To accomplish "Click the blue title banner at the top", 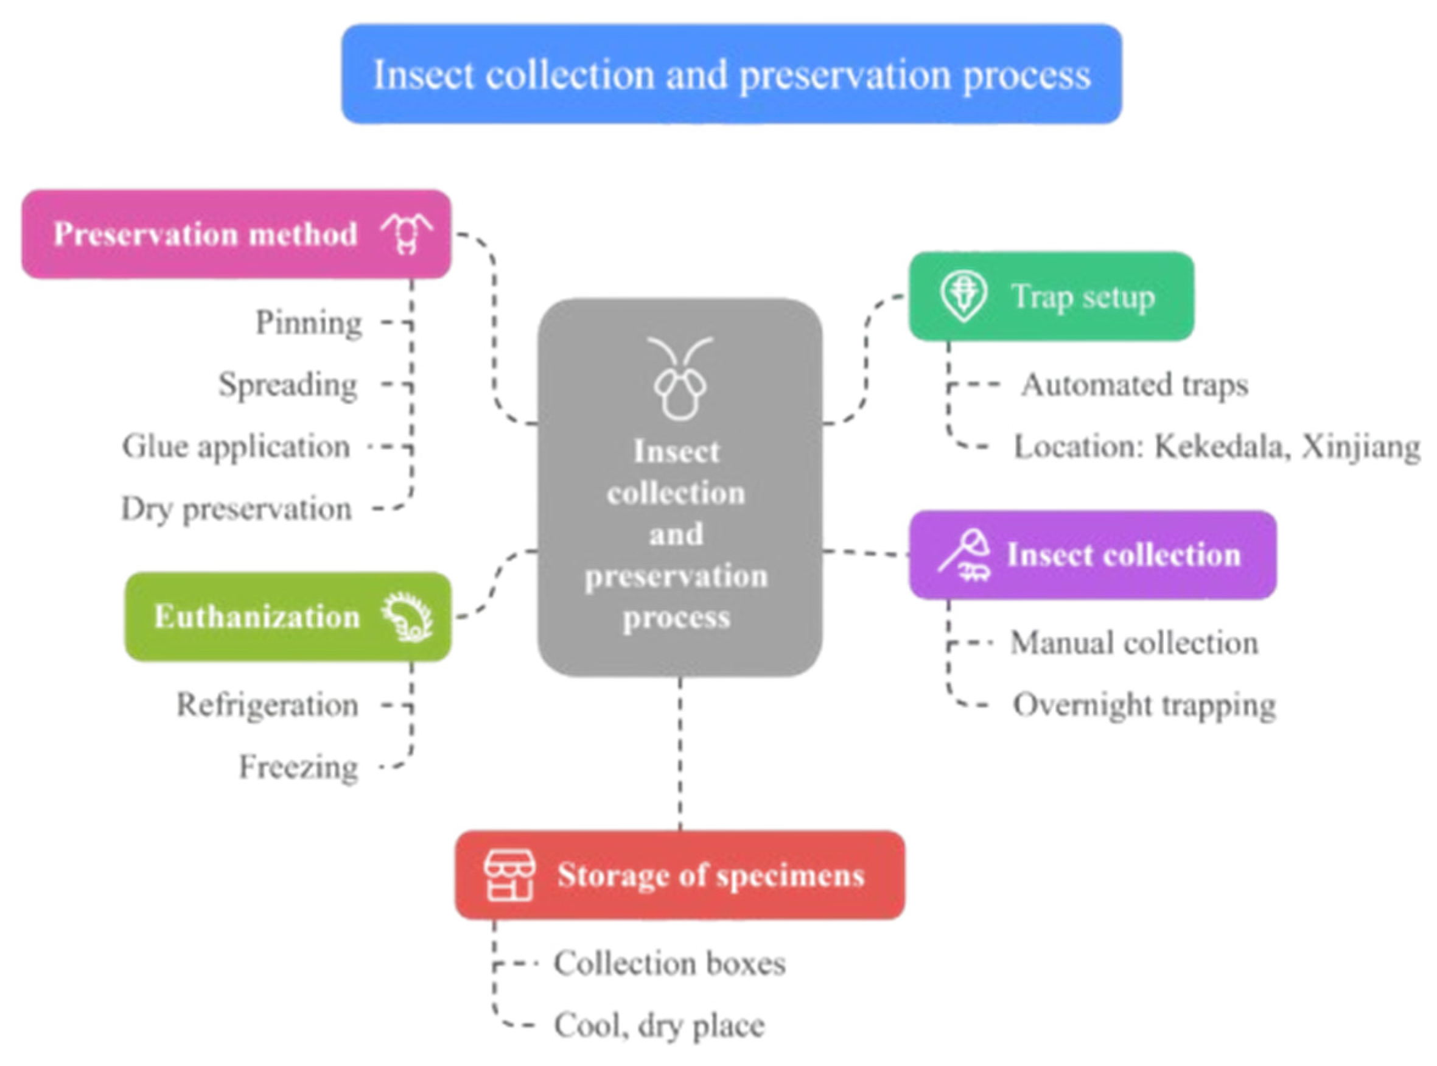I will (x=731, y=74).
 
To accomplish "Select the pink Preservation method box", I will (x=236, y=234).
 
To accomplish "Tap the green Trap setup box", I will (x=1051, y=296).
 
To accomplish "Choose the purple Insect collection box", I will (x=1092, y=554).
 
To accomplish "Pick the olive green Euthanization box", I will (x=288, y=616).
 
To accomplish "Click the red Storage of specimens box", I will (x=680, y=875).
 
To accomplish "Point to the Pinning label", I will (x=309, y=322).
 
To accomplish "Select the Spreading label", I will (x=288, y=385).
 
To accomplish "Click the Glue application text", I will (x=236, y=446).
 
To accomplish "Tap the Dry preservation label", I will (x=237, y=509).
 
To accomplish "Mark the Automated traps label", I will (x=1135, y=385).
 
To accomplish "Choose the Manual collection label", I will (x=1134, y=643).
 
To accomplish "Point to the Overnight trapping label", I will (x=1144, y=704).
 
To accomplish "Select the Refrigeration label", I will (x=268, y=704).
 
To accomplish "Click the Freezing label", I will (x=299, y=767).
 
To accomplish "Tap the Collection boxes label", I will (x=670, y=963).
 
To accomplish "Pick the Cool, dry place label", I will (x=659, y=1025).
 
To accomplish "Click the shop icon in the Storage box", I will (x=509, y=875).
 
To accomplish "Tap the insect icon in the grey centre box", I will (x=680, y=379).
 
